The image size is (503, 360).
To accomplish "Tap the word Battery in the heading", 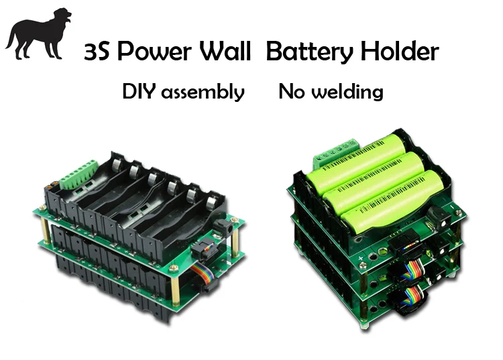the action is (x=310, y=52).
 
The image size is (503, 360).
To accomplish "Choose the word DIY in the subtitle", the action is (x=138, y=92).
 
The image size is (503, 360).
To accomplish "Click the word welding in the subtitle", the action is (x=349, y=92).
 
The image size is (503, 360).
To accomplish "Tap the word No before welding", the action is (x=292, y=92).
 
